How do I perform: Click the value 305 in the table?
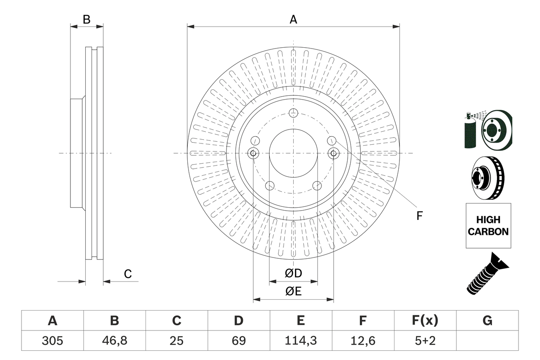(x=52, y=340)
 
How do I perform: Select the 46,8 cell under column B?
(x=114, y=340)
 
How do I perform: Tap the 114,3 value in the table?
(x=300, y=340)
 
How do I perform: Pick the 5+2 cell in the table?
(x=425, y=340)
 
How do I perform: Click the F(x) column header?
(x=425, y=321)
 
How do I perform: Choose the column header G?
(x=487, y=321)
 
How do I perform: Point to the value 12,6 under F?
(x=362, y=340)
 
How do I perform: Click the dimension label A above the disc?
(x=293, y=19)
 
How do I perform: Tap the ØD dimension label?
(x=293, y=273)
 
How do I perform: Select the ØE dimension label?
(x=293, y=292)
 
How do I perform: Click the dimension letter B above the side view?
(x=86, y=19)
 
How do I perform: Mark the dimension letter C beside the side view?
(x=128, y=274)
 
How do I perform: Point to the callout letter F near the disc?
(x=419, y=216)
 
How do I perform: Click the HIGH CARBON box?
(x=488, y=226)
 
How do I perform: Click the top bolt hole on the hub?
(x=293, y=113)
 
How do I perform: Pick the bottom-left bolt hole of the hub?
(x=270, y=185)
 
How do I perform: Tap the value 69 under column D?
(x=238, y=340)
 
